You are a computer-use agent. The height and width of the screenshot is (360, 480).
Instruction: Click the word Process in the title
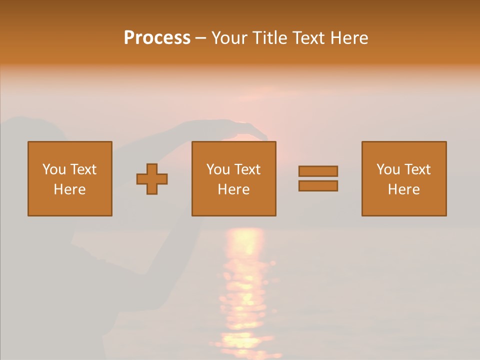coord(157,38)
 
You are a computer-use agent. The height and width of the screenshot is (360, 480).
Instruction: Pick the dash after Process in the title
coord(201,38)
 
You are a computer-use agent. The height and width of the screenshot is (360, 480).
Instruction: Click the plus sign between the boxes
coord(152,179)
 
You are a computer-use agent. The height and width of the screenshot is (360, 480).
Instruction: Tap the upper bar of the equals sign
coord(318,171)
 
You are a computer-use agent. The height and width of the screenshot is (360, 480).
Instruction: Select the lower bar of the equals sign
coord(318,186)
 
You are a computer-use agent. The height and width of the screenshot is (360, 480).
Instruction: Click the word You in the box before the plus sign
coord(54,169)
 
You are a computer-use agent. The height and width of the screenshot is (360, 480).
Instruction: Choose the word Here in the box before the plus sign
coord(69,189)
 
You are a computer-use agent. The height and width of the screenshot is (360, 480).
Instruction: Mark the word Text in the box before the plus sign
coord(83,169)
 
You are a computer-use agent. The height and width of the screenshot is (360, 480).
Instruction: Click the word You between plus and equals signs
coord(218,169)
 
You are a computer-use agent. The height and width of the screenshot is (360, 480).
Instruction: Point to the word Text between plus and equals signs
coord(247,169)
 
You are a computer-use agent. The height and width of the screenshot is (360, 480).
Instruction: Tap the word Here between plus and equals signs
coord(233,189)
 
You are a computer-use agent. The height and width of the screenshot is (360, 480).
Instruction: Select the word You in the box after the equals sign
coord(388,169)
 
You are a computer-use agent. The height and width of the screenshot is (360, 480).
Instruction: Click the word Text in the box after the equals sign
coord(417,169)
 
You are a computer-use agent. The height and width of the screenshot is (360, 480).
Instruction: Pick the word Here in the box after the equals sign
coord(403,189)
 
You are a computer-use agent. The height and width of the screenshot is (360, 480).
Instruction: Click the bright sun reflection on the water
coord(243,280)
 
